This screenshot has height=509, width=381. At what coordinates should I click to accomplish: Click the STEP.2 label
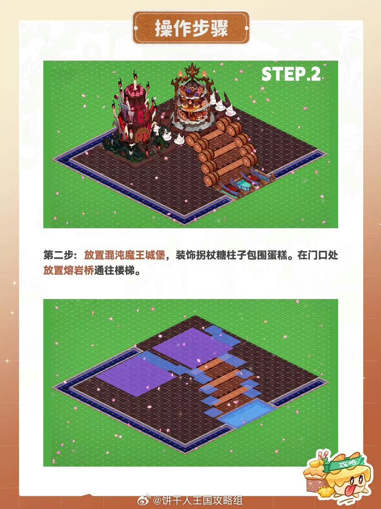[291, 74]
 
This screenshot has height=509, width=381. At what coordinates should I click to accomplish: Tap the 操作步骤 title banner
[191, 28]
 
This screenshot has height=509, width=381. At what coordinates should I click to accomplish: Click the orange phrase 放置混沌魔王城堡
[124, 255]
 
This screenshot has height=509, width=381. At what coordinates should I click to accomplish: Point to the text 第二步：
[61, 255]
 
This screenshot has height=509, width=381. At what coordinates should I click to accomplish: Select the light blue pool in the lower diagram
[246, 412]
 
